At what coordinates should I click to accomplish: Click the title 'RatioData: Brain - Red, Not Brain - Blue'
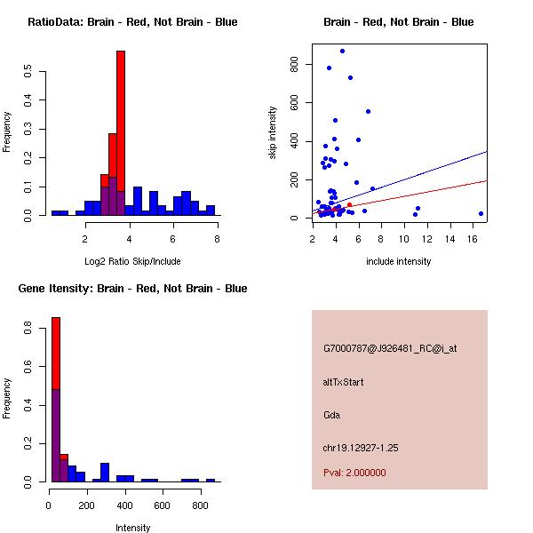[132, 22]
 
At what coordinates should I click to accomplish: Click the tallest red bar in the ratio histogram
[121, 107]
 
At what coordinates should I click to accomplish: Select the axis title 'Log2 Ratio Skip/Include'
[132, 261]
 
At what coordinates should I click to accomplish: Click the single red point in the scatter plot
[349, 205]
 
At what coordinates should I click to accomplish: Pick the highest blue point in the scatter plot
[342, 51]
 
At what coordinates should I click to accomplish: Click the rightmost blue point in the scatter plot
[481, 213]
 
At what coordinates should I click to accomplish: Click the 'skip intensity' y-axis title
[274, 133]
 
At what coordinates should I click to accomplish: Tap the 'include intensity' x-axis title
[399, 261]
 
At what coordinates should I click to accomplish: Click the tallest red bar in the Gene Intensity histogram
[55, 355]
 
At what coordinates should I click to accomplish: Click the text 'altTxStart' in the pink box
[343, 382]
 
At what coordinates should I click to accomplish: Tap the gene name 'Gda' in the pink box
[332, 415]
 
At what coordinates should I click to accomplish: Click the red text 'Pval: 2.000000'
[354, 473]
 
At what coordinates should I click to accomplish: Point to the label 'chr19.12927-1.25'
[361, 448]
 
